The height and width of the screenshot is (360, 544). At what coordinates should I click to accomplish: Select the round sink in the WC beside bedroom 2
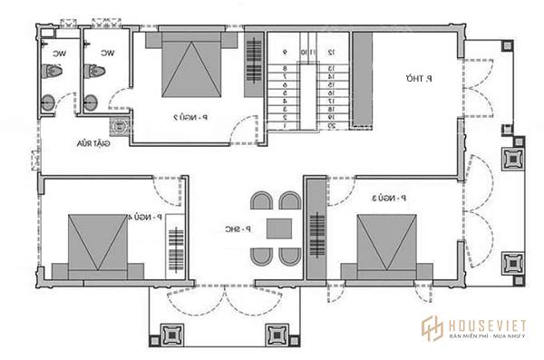coord(92,100)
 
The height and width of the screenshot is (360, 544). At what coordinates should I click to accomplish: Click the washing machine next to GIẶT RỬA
coord(117,126)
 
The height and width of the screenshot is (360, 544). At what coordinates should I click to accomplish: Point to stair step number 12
coord(332,54)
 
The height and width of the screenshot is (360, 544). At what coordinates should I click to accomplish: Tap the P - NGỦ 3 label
coord(389,196)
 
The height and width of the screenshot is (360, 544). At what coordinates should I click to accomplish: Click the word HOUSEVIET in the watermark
coord(480,322)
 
